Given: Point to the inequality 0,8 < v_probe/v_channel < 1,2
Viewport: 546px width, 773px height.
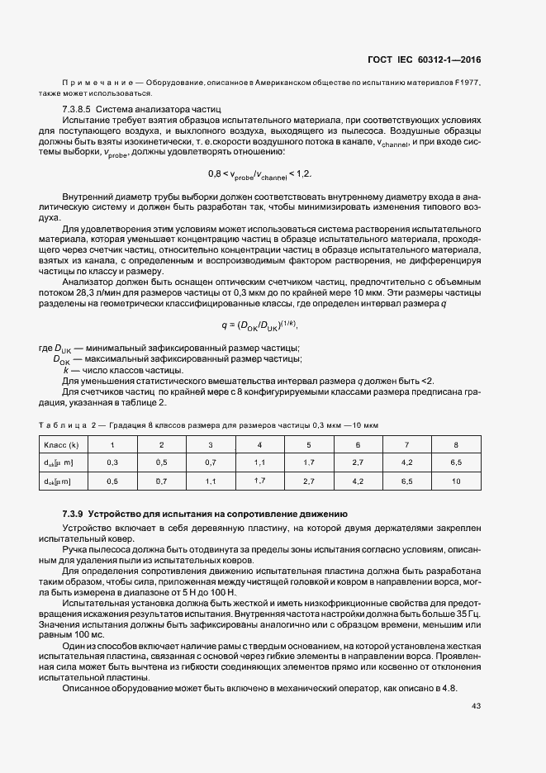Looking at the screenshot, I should tap(259, 174).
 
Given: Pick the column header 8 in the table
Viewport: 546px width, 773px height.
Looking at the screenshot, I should tap(456, 445).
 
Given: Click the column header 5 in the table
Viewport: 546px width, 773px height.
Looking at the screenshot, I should tap(309, 445).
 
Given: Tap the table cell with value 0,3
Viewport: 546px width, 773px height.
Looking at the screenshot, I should tap(113, 462).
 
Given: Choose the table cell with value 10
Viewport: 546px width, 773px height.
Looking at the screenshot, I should tap(456, 480).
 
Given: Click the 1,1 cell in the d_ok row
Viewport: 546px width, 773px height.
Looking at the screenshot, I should tap(211, 480).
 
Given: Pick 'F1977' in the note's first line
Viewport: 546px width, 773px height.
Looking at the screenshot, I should tap(467, 84).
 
